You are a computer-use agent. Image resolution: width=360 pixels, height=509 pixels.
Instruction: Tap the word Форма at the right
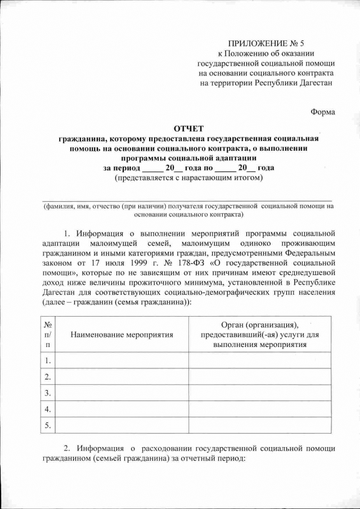point(323,111)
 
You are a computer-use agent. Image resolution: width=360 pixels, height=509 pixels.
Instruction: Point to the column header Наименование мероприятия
point(121,334)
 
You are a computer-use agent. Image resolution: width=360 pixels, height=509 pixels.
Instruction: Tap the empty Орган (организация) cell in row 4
point(260,408)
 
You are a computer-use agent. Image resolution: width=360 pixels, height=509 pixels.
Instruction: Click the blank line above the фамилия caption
point(187,198)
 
